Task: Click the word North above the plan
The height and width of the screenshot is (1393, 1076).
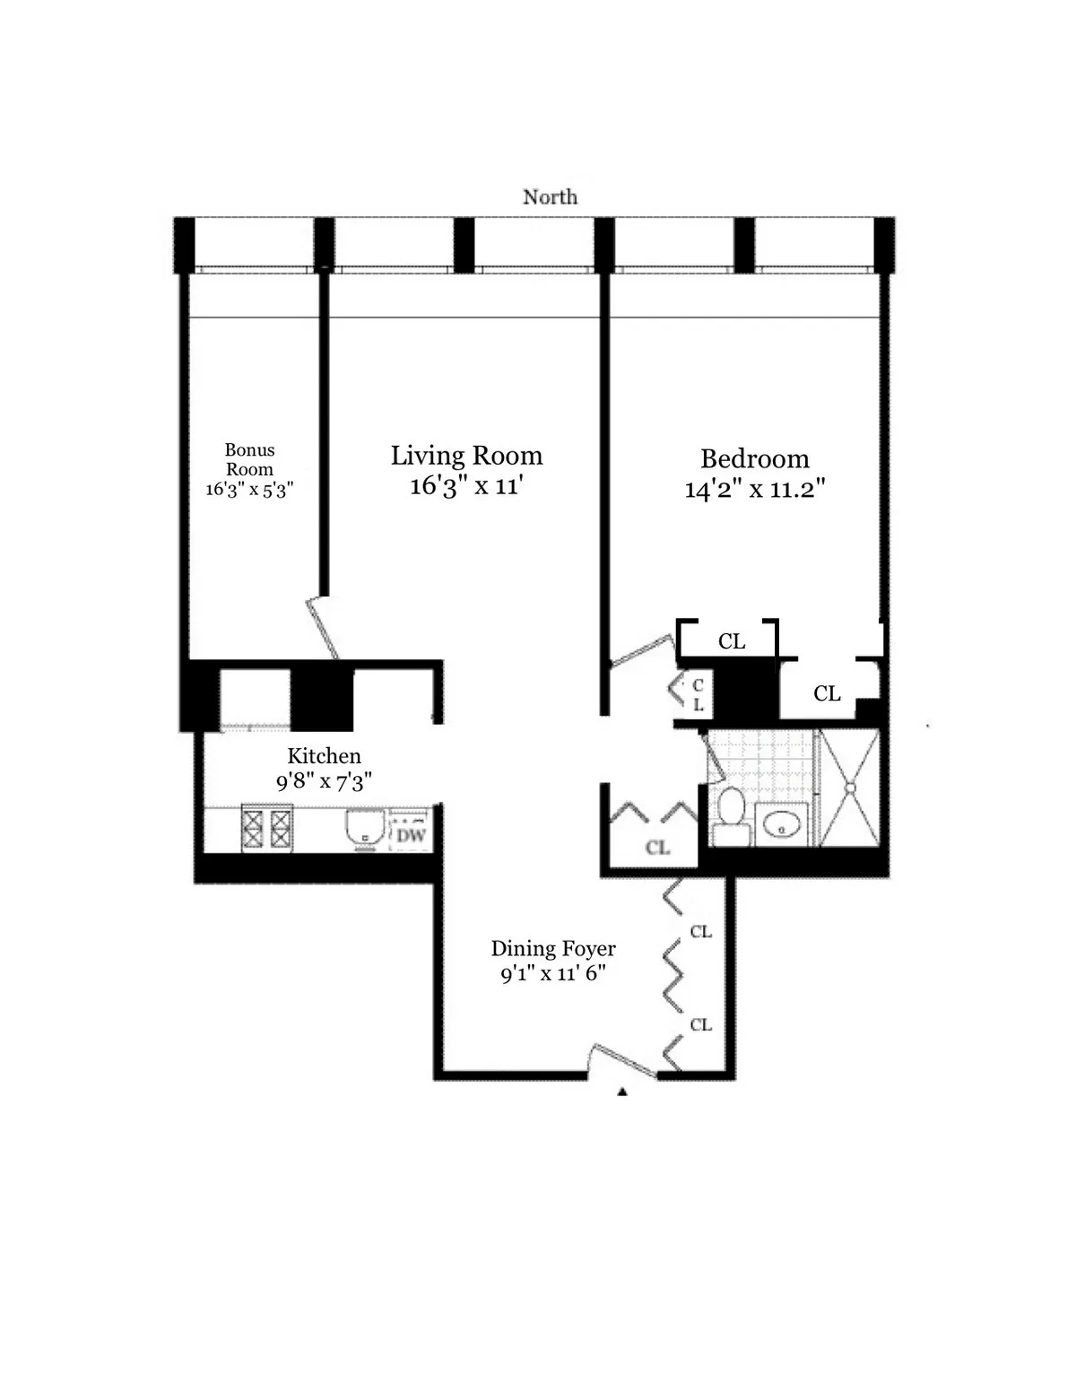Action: tap(550, 196)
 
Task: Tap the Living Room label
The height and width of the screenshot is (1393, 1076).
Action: tap(466, 456)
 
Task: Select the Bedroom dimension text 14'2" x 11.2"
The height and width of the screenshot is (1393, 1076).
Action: tap(755, 490)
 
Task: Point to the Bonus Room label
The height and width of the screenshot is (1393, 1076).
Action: tap(249, 459)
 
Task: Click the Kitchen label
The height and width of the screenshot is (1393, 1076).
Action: tap(324, 755)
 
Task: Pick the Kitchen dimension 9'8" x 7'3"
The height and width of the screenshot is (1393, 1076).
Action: tap(324, 780)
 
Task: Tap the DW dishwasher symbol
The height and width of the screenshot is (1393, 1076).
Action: tap(411, 834)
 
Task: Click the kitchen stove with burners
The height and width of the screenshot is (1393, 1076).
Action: tap(267, 829)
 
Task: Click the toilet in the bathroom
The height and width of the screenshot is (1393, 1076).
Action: tap(731, 814)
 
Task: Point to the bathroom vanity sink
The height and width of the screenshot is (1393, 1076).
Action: tap(781, 825)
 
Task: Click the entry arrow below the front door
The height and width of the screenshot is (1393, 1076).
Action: tap(622, 1092)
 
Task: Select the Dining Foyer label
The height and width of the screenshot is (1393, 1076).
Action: tap(553, 948)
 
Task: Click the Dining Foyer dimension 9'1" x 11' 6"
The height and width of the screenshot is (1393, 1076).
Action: tap(553, 973)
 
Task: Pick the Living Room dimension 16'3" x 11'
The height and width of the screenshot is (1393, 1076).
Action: tap(466, 486)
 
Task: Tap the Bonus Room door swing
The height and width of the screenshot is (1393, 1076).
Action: tap(323, 628)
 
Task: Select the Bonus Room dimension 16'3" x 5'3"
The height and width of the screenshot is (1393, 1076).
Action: tap(249, 489)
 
